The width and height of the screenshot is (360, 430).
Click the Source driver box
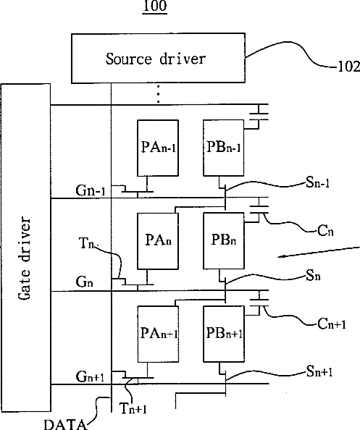[158, 58]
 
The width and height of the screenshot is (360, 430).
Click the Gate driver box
[26, 248]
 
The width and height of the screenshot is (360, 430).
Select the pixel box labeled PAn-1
[158, 148]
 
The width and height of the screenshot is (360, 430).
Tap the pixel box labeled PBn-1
[223, 148]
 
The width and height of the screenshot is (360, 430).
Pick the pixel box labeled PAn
[158, 241]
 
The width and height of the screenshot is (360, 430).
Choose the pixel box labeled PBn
[223, 241]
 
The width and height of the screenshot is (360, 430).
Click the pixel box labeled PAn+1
[158, 334]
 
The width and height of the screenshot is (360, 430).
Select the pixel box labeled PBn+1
[224, 334]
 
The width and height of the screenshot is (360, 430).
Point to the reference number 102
[348, 67]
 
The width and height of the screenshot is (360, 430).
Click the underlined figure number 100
[155, 6]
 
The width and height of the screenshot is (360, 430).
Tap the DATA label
[65, 424]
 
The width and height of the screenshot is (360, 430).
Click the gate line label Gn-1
[91, 190]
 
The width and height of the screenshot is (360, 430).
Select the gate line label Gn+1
[90, 376]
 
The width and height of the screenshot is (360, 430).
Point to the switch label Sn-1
[317, 182]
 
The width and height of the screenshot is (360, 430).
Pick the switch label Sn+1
[319, 371]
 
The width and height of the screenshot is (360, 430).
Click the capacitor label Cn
[325, 231]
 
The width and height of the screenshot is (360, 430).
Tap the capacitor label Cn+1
[332, 324]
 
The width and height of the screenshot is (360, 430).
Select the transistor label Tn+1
[133, 408]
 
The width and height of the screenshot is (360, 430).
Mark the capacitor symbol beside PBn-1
[259, 116]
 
